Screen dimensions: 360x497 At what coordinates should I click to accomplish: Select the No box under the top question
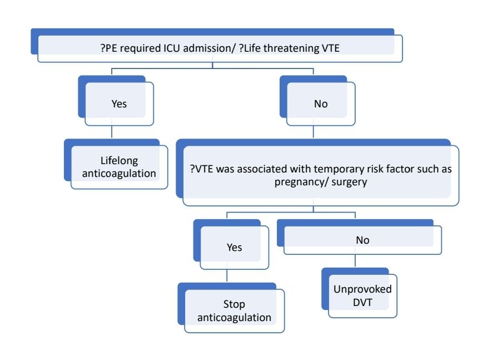point(320,103)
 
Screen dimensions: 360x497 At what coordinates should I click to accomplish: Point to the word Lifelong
point(119,161)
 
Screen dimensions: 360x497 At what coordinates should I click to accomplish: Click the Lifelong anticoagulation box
point(119,167)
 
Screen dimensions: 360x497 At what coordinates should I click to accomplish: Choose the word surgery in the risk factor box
point(348,182)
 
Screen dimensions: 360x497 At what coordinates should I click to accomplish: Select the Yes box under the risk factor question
point(234,246)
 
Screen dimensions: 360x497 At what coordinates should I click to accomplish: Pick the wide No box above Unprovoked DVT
point(362,240)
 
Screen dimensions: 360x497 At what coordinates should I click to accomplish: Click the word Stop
point(235,305)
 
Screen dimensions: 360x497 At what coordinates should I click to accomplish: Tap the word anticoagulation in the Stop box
point(235,318)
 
